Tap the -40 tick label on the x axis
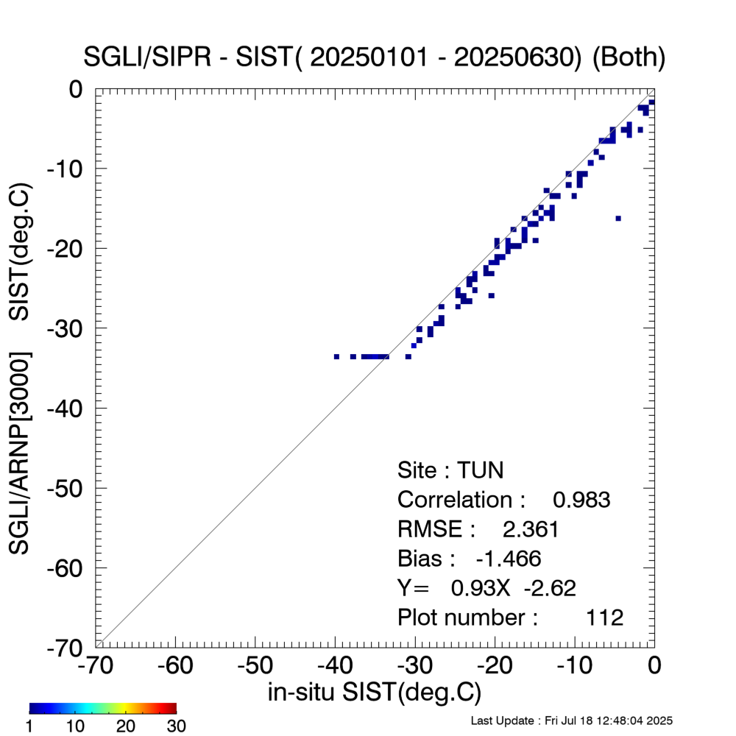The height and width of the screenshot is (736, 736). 335,665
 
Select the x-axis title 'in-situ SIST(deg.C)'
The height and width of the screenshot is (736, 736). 375,693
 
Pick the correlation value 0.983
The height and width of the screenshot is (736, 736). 581,500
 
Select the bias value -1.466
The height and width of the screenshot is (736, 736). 509,559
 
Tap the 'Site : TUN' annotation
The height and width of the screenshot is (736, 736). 450,470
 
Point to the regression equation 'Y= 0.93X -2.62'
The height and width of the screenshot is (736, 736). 486,587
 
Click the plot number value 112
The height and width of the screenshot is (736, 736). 604,617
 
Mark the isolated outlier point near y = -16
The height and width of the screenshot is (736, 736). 618,218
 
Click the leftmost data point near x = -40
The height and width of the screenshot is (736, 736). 336,356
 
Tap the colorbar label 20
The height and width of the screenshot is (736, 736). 127,726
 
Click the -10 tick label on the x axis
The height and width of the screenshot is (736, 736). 573,665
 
